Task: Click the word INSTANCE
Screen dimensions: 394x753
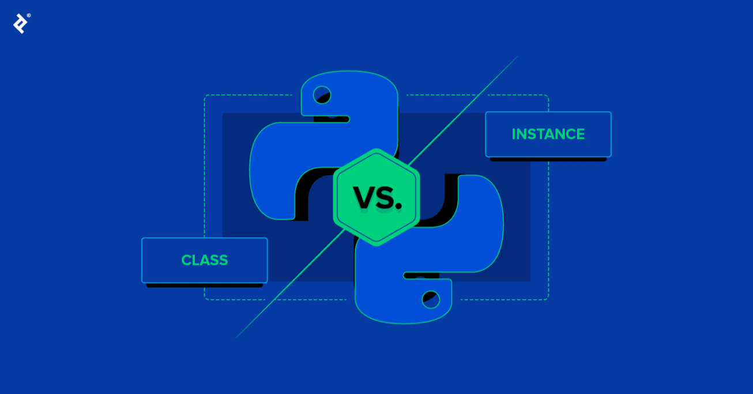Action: tap(548, 134)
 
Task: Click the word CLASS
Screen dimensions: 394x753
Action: tap(205, 260)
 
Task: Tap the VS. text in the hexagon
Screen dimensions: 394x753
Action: tap(377, 198)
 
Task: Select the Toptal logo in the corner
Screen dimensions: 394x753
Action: tap(20, 23)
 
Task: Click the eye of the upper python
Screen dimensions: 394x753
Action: tap(322, 95)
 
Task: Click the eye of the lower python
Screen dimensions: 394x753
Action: tap(431, 299)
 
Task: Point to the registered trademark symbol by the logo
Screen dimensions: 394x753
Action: tap(29, 16)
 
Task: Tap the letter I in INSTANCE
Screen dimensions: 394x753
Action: tap(514, 134)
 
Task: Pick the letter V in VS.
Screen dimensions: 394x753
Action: tap(363, 198)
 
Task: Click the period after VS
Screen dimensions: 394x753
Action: tap(398, 207)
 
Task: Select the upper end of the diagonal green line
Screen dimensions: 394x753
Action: tap(517, 57)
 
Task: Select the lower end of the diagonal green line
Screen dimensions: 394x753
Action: tap(236, 337)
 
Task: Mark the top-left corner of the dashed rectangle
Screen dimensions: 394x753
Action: tap(205, 95)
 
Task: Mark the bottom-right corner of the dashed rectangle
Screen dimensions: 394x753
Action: tap(548, 299)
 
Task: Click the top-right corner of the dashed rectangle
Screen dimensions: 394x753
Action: tap(548, 95)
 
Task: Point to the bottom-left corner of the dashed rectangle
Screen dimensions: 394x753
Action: tap(205, 299)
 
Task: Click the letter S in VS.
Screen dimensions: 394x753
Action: tap(384, 198)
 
